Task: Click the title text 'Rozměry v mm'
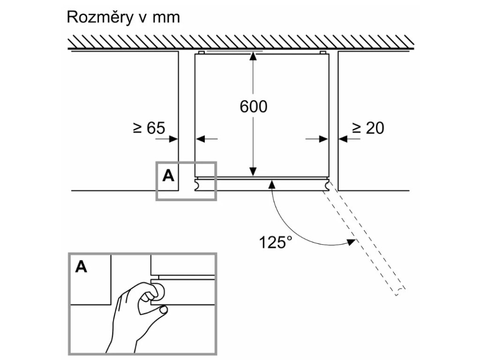123,17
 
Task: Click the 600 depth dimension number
253,106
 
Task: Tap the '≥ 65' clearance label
149,128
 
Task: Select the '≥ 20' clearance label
368,128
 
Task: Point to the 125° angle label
275,242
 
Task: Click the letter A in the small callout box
168,176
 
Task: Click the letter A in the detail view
81,267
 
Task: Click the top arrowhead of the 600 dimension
253,56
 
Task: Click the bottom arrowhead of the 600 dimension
253,172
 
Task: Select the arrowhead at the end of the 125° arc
350,242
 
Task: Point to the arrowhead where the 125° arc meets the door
271,185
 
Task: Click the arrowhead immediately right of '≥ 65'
174,138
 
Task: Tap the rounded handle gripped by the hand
158,291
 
